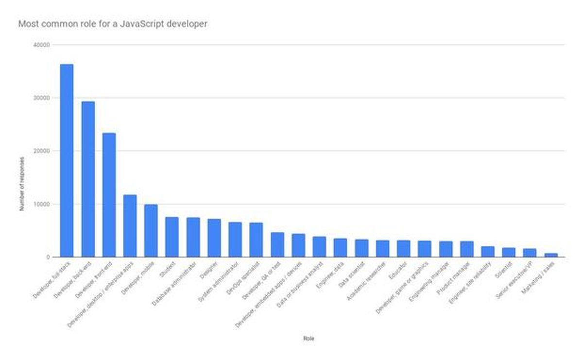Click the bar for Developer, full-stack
click(x=67, y=160)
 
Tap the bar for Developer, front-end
click(x=109, y=195)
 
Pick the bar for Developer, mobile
click(x=151, y=231)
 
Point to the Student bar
click(x=172, y=237)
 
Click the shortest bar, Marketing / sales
click(x=551, y=255)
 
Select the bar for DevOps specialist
click(x=256, y=240)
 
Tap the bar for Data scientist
click(x=361, y=248)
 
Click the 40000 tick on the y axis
click(x=44, y=45)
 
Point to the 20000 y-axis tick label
click(x=44, y=151)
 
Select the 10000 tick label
click(x=44, y=204)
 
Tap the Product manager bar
click(x=467, y=249)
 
